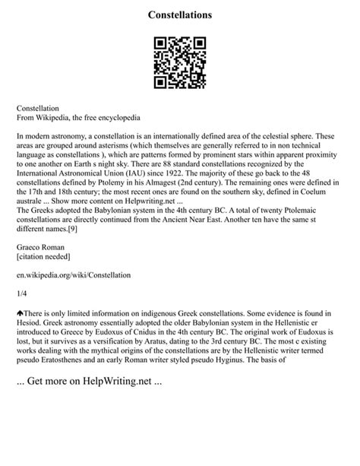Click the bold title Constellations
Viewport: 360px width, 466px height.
[180, 14]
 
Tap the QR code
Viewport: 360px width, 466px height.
[179, 63]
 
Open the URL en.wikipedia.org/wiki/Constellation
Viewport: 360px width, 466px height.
[74, 277]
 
